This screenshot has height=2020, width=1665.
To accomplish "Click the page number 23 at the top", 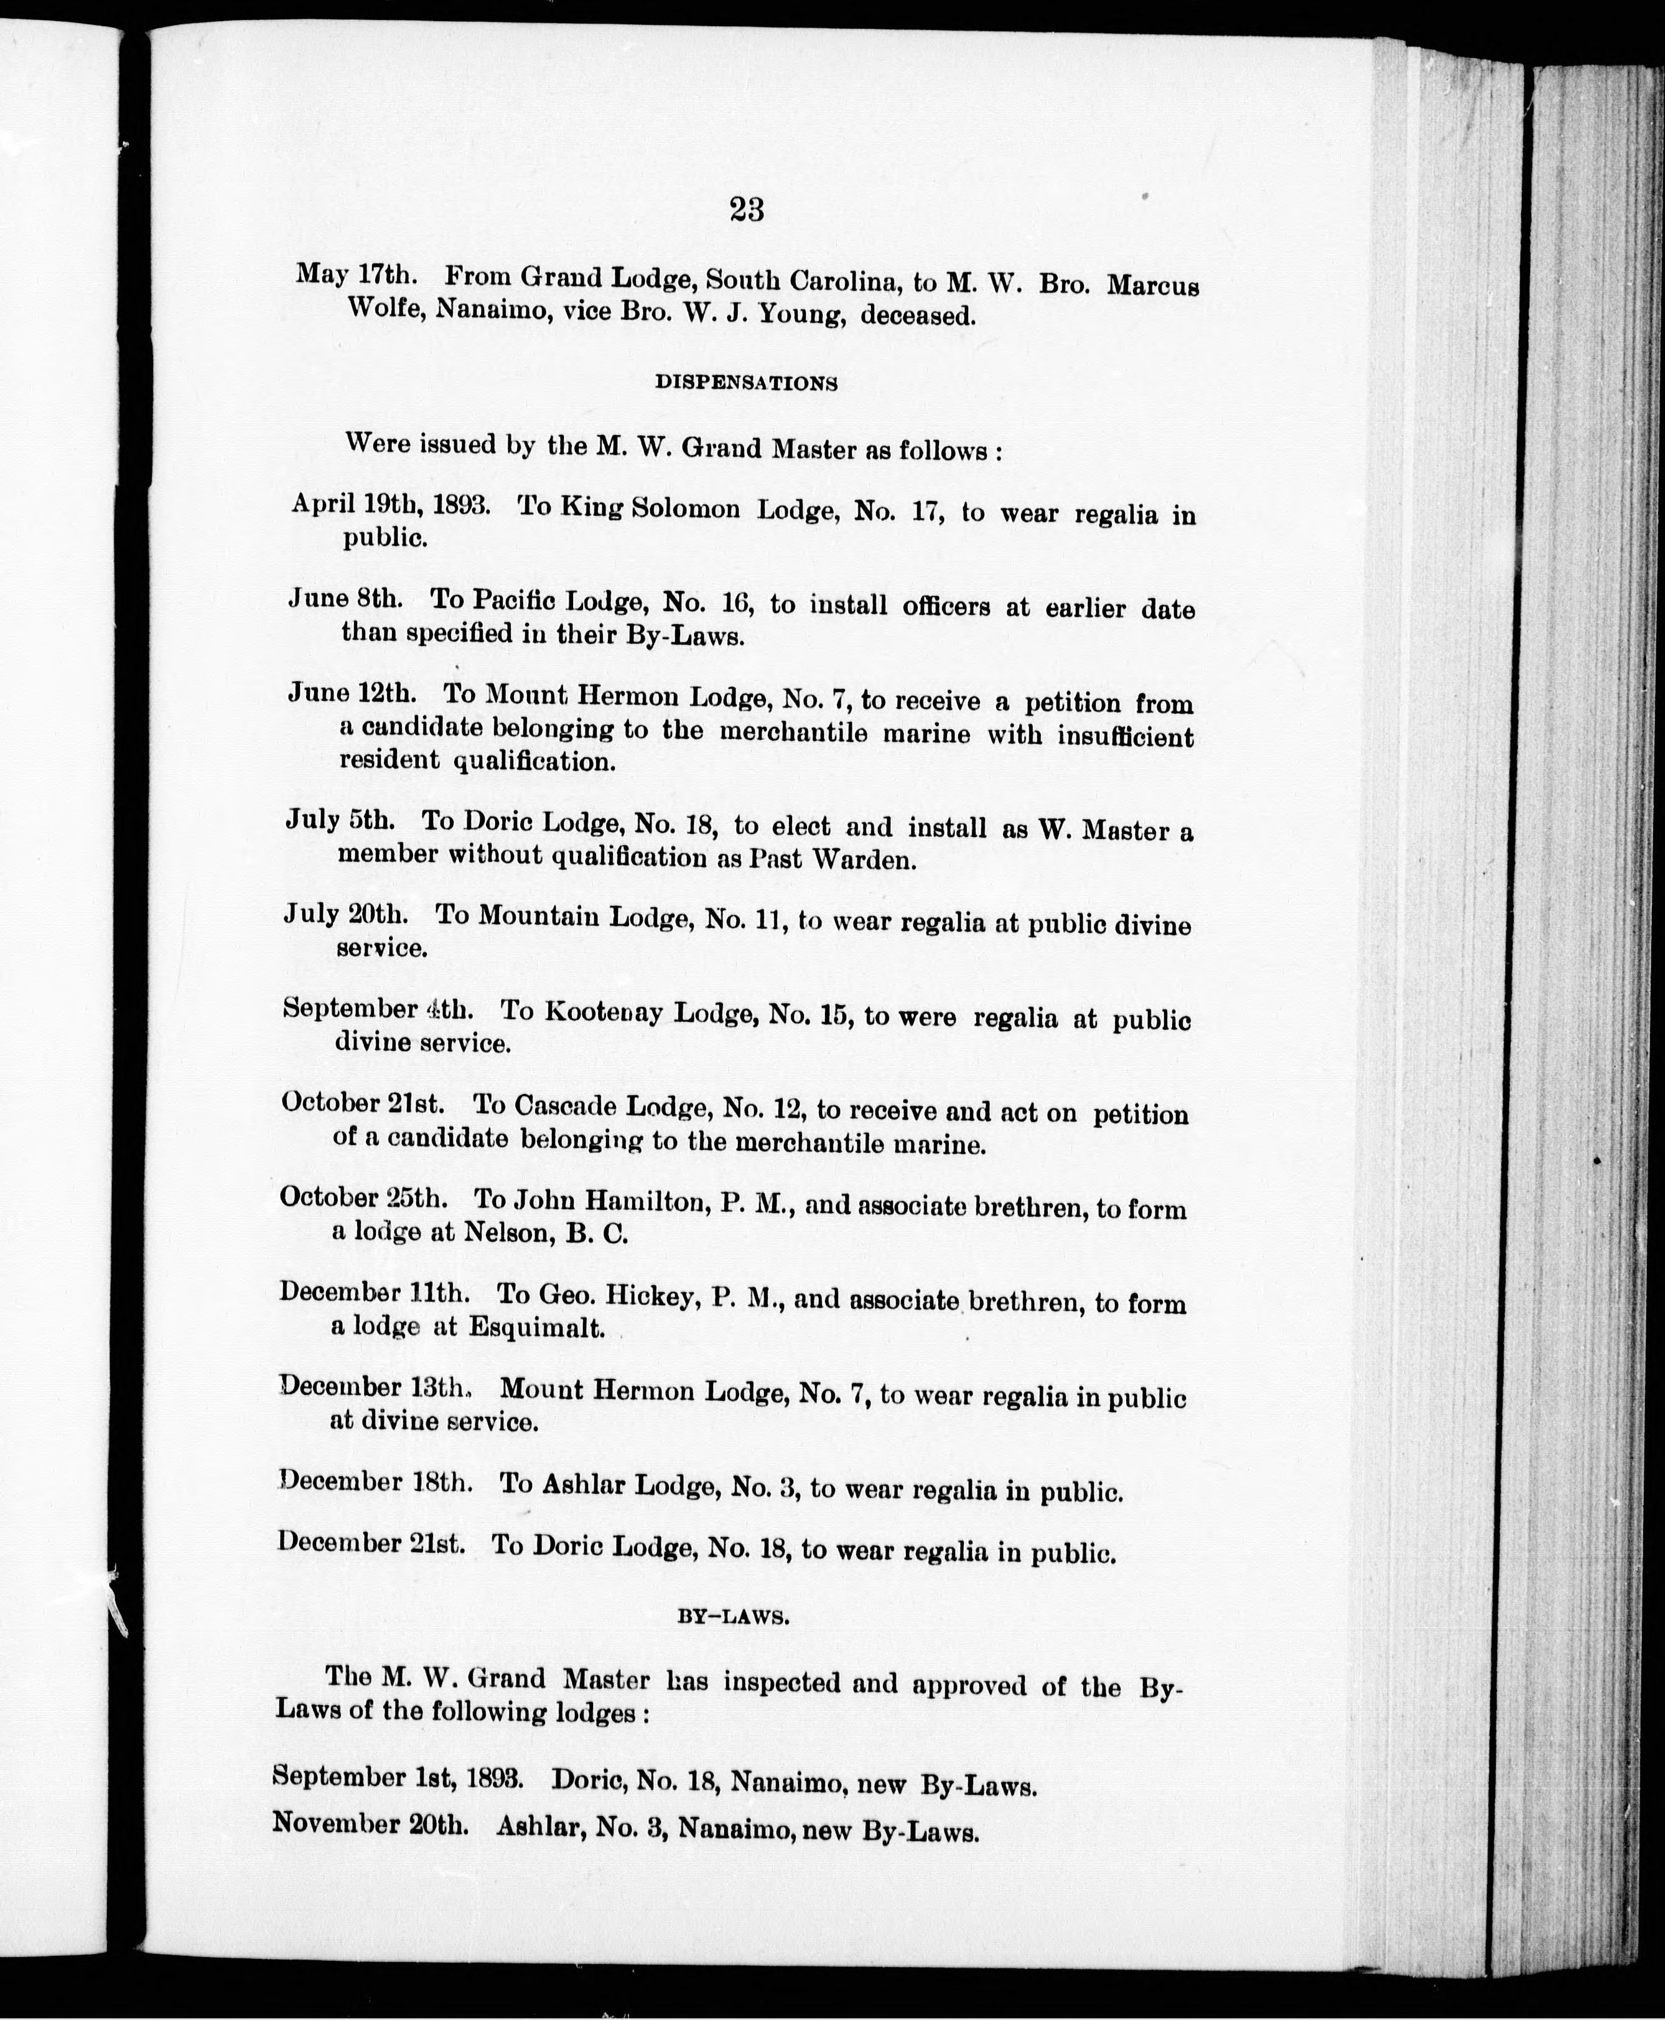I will (x=746, y=209).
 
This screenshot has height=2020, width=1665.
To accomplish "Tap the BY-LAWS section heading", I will (x=734, y=1616).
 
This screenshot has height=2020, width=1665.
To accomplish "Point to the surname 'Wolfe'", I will (x=385, y=309).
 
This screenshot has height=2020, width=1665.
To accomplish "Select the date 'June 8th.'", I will (x=345, y=599).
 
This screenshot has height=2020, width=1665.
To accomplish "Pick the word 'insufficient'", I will (x=1125, y=737).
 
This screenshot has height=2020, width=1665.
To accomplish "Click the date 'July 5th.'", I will (x=340, y=820).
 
